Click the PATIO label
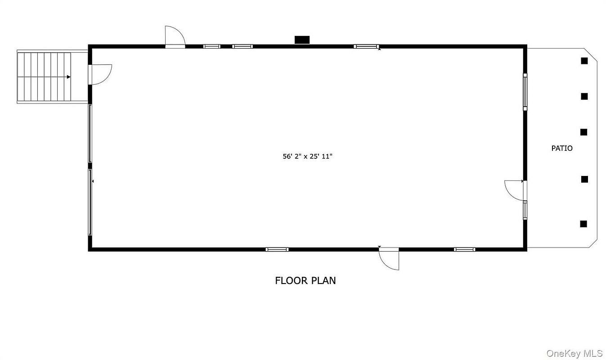[x=562, y=148]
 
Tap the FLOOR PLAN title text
[x=305, y=281]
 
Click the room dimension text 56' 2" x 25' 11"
[x=307, y=157]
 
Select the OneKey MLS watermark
[x=574, y=353]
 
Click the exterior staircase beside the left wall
[x=44, y=77]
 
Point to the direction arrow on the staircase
[x=68, y=77]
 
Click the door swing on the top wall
[x=175, y=37]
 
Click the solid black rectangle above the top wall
[x=302, y=40]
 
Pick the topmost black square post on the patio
[x=584, y=61]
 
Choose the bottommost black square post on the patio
[x=584, y=224]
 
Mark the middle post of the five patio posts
[x=584, y=132]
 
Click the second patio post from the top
[x=584, y=96]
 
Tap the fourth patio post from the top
[x=584, y=179]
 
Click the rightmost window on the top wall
[x=366, y=46]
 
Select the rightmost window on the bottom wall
[x=464, y=249]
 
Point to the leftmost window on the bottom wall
[x=277, y=249]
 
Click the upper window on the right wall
[x=525, y=91]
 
